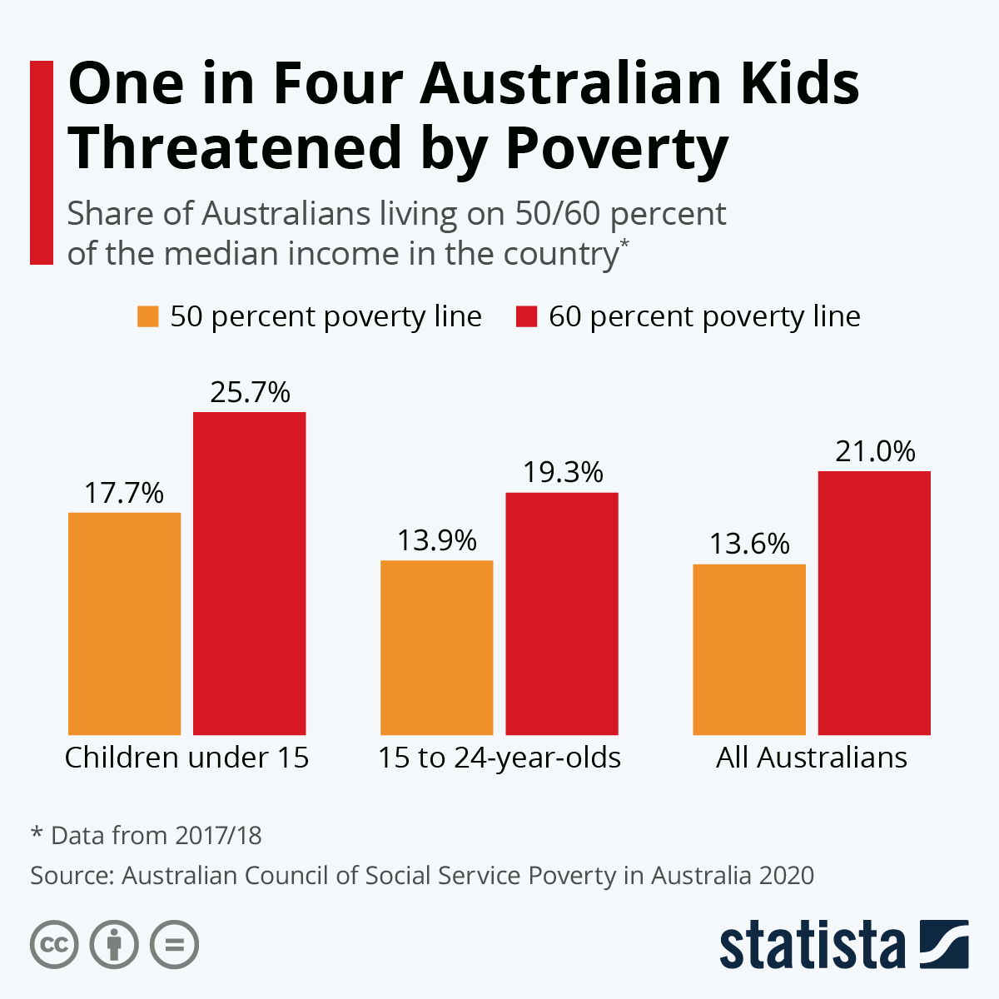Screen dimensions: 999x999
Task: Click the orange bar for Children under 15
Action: coord(124,624)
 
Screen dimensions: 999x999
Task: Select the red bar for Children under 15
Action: coord(250,574)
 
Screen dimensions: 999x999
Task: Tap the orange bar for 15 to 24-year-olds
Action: coord(437,648)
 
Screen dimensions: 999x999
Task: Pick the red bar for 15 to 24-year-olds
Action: coord(562,614)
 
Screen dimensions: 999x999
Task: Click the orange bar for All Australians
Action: coord(749,649)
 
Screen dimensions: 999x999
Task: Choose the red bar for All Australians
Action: coord(874,603)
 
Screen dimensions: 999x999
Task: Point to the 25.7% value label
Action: coord(250,392)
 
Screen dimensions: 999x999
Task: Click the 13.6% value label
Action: coord(749,544)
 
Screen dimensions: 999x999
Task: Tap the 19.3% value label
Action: coord(563,473)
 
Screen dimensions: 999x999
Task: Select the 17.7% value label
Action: coord(124,493)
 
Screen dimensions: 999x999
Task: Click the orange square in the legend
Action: coord(148,316)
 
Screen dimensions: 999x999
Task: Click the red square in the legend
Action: coord(526,316)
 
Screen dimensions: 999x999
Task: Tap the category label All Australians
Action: coord(812,758)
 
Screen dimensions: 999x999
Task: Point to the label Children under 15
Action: coord(186,758)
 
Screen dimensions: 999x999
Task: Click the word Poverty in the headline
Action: coord(617,148)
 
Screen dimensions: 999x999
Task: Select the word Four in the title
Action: coord(337,83)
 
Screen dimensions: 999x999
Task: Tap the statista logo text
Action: coord(812,946)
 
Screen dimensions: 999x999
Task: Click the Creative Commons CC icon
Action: coord(54,946)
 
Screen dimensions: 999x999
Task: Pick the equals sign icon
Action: coord(174,946)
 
